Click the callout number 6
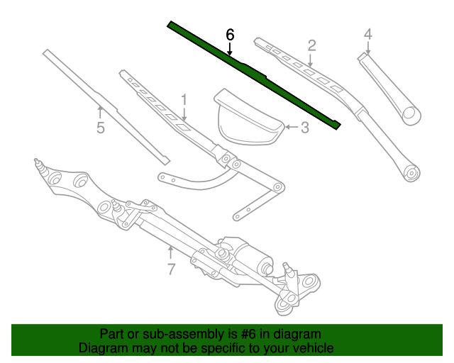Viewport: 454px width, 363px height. coord(229,35)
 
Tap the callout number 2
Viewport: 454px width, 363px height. coord(311,46)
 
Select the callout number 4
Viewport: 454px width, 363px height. coord(367,33)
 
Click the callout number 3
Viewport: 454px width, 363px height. coord(305,128)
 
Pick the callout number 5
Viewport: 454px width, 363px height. coord(100,128)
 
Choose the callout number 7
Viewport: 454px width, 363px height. coord(170,269)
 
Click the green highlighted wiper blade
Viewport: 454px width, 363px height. coord(255,74)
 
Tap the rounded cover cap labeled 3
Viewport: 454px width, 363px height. coord(248,117)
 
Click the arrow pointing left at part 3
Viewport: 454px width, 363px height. coord(291,128)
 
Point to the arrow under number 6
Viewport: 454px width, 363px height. coord(229,49)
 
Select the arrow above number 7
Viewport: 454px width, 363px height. coord(170,252)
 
